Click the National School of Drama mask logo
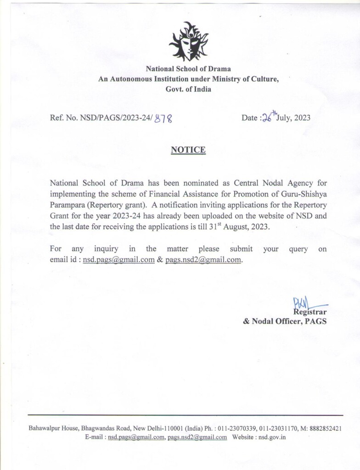(x=188, y=42)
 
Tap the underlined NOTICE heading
(x=188, y=150)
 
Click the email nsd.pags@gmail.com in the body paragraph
(x=118, y=259)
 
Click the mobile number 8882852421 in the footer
(x=324, y=428)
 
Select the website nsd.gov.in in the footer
(x=272, y=437)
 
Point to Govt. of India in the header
(x=188, y=89)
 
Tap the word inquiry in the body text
(x=106, y=249)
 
